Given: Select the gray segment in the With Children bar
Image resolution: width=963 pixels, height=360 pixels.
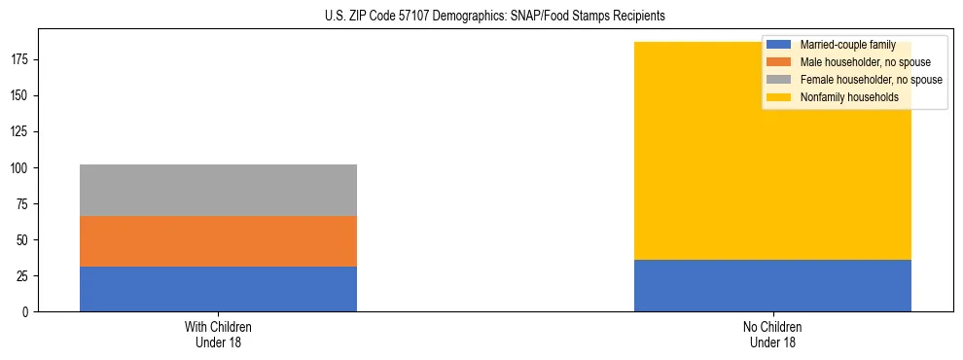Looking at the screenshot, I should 218,190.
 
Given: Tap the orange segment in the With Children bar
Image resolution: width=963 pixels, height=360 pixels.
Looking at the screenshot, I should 218,241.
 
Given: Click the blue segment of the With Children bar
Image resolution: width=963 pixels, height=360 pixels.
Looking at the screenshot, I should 218,289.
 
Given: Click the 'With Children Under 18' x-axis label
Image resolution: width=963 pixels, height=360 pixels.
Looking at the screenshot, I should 218,334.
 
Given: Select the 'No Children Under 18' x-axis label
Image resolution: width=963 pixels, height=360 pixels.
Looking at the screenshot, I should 772,334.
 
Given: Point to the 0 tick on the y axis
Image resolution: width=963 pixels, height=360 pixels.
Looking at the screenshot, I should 27,312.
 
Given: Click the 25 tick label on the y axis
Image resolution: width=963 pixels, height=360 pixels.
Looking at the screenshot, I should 24,276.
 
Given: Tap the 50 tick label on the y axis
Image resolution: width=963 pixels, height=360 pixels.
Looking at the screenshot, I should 24,240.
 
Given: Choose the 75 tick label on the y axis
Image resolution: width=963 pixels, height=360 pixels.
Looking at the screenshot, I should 24,204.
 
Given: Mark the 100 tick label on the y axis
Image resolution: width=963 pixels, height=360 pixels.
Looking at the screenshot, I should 21,168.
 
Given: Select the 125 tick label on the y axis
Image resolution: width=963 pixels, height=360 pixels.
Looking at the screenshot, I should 21,132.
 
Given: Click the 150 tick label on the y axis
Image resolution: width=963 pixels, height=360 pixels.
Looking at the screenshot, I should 21,96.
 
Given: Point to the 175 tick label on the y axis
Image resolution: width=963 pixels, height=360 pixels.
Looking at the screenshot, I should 21,60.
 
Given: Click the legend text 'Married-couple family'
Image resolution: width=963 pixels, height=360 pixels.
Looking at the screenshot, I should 847,45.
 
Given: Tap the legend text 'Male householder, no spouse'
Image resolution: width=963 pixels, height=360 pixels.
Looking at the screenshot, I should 859,62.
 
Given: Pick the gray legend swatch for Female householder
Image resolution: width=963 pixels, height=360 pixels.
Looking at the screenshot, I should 779,80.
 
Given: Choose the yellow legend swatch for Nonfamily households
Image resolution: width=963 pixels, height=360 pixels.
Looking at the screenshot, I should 779,97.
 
